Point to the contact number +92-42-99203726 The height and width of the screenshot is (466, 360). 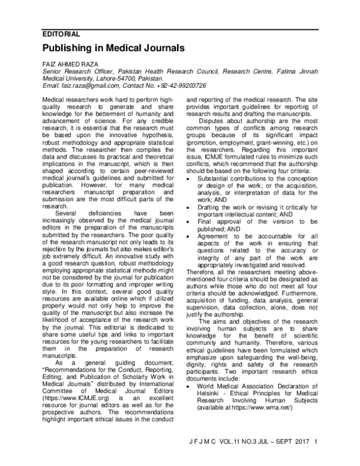click(175, 85)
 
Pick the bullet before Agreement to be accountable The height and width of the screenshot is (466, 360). click(191, 237)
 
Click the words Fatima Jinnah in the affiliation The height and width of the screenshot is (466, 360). click(302, 70)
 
